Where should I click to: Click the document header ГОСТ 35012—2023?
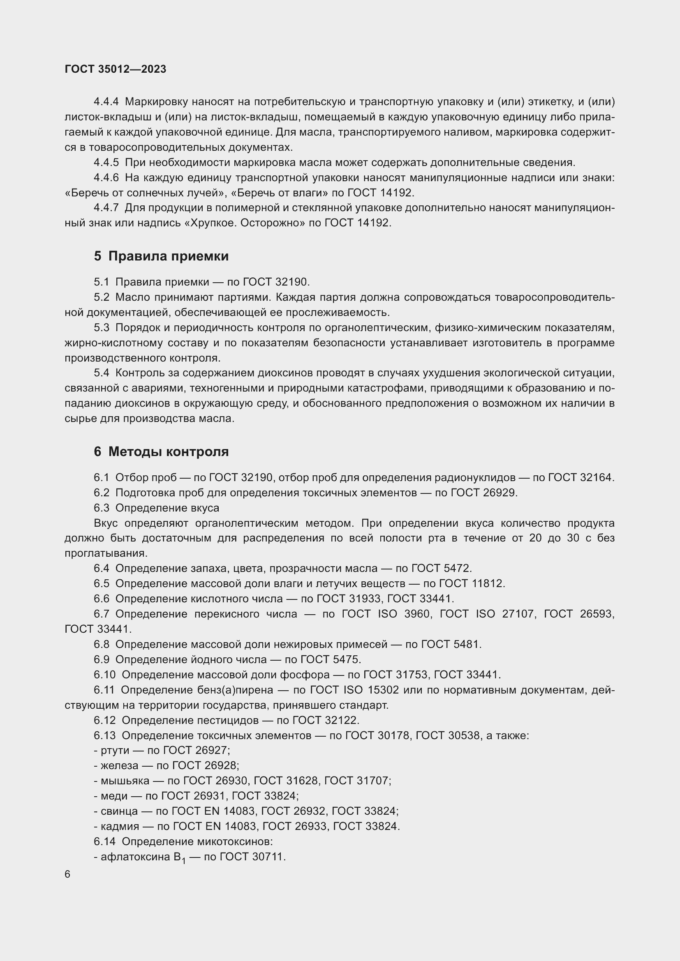coord(116,69)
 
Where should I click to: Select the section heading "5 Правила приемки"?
coord(161,256)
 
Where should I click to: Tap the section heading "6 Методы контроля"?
coord(161,452)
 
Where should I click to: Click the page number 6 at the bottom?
coord(68,874)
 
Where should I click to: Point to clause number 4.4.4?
coord(106,102)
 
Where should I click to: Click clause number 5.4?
coord(101,373)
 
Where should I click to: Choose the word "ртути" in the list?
coord(115,751)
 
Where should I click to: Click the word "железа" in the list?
coord(119,765)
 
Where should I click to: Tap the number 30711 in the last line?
coord(268,857)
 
